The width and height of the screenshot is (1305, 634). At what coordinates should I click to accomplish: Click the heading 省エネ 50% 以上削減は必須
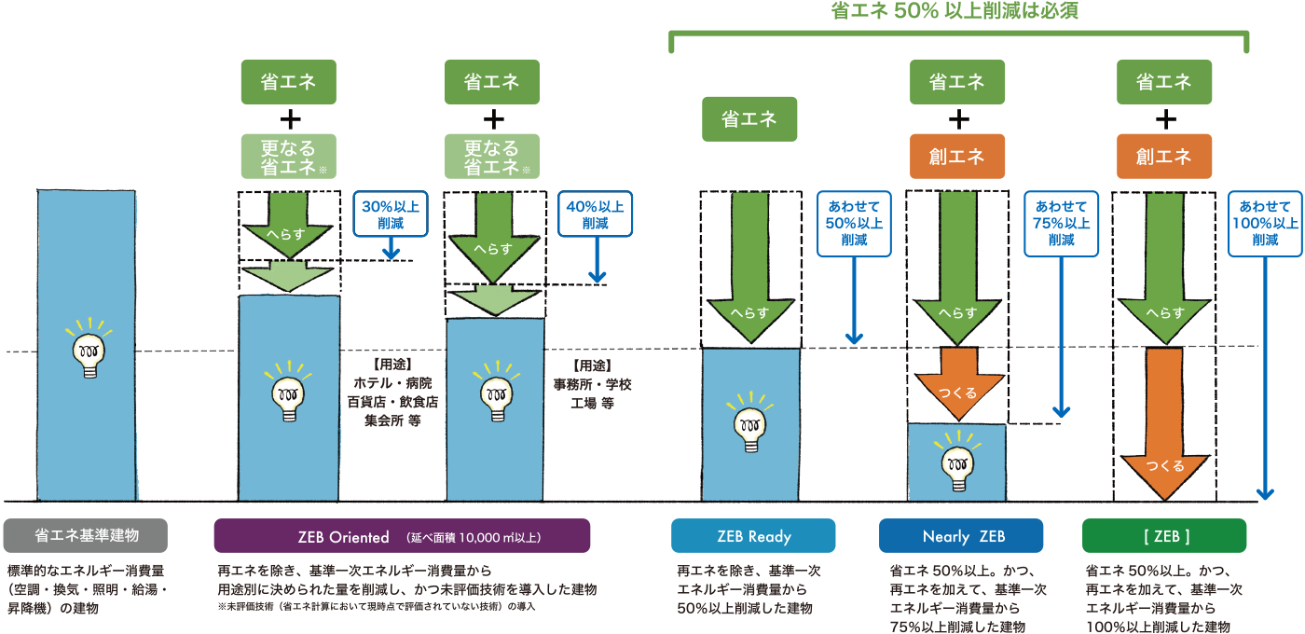[958, 11]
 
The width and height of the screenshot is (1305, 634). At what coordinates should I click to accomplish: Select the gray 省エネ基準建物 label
[86, 536]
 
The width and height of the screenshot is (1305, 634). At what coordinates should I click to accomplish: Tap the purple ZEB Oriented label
[402, 536]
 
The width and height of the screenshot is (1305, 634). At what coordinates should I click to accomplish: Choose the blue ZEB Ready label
[753, 536]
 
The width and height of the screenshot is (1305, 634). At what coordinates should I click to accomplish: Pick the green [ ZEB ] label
[1164, 536]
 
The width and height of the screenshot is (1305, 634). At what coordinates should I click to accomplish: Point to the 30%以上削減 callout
[391, 214]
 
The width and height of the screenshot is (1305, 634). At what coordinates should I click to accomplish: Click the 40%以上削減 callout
[595, 214]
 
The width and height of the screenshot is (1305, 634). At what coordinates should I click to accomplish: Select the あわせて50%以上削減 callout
[854, 224]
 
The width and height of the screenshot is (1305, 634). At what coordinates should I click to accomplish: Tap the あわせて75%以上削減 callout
[1061, 224]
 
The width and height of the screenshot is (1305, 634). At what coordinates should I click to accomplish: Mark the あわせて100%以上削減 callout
[1265, 224]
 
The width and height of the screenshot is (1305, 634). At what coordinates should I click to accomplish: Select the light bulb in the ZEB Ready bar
[750, 424]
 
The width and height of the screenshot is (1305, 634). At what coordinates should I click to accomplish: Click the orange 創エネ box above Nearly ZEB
[957, 156]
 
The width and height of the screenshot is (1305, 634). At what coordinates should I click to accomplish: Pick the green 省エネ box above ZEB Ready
[749, 119]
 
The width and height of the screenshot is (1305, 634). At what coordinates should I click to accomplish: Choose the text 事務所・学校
[593, 383]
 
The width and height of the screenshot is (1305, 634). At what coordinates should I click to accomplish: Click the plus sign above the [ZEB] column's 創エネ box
[1164, 119]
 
